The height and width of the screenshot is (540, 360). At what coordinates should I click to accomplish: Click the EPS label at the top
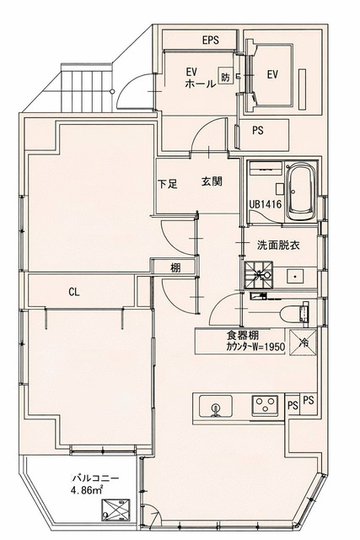tap(210, 40)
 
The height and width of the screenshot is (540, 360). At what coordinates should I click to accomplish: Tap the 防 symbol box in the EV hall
tap(225, 75)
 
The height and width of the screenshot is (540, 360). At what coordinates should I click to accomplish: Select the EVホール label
tap(201, 78)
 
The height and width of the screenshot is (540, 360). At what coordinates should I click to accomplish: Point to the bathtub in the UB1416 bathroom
tap(301, 192)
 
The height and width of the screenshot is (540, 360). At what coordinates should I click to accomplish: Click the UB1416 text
tap(265, 204)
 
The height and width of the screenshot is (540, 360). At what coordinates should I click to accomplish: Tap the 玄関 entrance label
tap(212, 181)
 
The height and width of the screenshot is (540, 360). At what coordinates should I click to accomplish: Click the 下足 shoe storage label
tap(168, 184)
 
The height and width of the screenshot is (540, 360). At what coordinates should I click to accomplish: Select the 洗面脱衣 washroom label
tap(278, 246)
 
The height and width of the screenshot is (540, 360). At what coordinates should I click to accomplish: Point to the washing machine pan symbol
tap(258, 275)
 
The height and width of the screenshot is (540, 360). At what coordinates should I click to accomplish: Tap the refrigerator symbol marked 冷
tap(303, 343)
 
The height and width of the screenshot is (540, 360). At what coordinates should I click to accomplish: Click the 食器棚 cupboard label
tap(243, 335)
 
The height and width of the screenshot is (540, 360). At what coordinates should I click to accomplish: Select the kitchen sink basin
tap(216, 407)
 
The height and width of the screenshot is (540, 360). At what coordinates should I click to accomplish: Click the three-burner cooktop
tap(265, 405)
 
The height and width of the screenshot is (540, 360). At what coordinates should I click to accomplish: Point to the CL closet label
tap(74, 293)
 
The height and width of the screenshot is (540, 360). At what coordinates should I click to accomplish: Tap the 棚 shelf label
tap(175, 267)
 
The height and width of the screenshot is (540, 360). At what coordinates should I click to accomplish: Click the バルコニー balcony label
tap(95, 478)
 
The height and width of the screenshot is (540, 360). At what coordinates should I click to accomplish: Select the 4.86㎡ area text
tap(87, 490)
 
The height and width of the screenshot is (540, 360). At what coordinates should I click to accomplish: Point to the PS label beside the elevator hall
tap(258, 131)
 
